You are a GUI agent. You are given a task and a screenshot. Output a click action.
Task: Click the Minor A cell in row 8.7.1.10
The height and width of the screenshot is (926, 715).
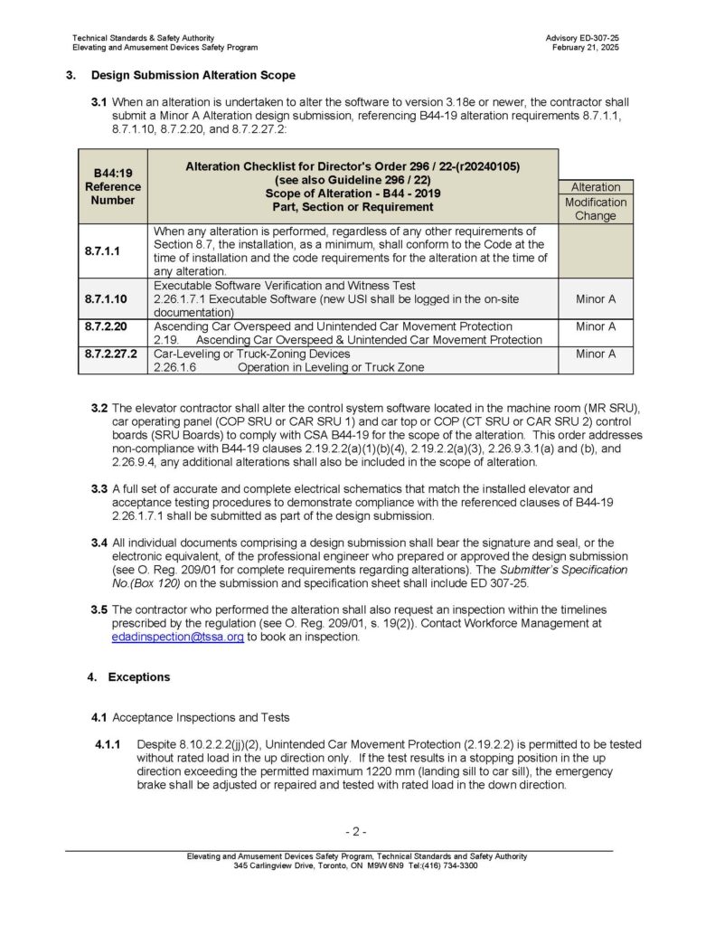pos(595,297)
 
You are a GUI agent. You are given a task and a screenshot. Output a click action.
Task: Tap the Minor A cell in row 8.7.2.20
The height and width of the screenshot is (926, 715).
pos(595,326)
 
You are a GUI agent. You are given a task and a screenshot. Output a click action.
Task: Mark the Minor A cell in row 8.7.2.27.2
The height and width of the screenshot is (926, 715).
pos(595,354)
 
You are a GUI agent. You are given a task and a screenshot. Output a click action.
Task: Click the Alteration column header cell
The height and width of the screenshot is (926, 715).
pos(595,187)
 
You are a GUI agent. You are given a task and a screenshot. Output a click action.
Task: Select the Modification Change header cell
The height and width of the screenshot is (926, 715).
pos(595,209)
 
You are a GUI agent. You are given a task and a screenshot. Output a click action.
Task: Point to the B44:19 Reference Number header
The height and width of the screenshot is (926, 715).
pos(113,185)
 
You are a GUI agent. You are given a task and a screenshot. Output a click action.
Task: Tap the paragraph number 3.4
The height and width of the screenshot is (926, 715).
pos(99,543)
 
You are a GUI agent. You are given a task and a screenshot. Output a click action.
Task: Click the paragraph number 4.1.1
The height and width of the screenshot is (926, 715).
pos(106,742)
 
